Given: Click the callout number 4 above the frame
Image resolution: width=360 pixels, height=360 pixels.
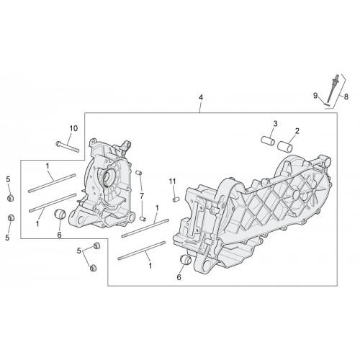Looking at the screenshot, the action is tap(201, 98).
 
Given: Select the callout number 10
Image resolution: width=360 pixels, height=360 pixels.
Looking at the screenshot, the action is tap(73, 128).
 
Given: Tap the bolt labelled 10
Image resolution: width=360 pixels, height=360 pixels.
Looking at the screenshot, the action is tap(67, 147).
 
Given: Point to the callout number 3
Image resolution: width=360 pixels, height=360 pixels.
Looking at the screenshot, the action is tap(275, 124).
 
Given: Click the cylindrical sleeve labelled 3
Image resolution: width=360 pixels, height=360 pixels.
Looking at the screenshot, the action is tap(268, 141).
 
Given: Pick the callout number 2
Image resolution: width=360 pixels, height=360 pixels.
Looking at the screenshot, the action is tap(297, 131).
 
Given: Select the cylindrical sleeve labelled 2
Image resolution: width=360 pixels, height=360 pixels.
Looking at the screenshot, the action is tap(285, 146).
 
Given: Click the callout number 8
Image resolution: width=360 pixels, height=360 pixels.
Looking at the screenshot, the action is tap(346, 96).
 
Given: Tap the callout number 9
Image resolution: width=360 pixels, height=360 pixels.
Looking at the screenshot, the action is tap(315, 96).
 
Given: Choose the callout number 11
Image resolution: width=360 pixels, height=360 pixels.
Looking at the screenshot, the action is tap(172, 181).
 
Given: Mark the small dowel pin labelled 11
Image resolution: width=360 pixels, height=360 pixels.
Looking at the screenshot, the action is tap(176, 199).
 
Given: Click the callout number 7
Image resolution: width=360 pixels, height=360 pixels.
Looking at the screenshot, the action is tap(142, 196).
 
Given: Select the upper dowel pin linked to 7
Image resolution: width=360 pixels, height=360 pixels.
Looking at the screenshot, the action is tap(139, 173).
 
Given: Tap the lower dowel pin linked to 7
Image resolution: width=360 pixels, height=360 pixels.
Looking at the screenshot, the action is tap(143, 218).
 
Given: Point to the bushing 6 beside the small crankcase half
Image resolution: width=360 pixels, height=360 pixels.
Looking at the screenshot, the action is tap(60, 214).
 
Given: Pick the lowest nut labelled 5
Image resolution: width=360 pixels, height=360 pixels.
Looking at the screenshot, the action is tap(93, 267).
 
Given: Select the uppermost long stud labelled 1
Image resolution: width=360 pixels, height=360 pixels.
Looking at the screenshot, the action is tap(52, 183).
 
